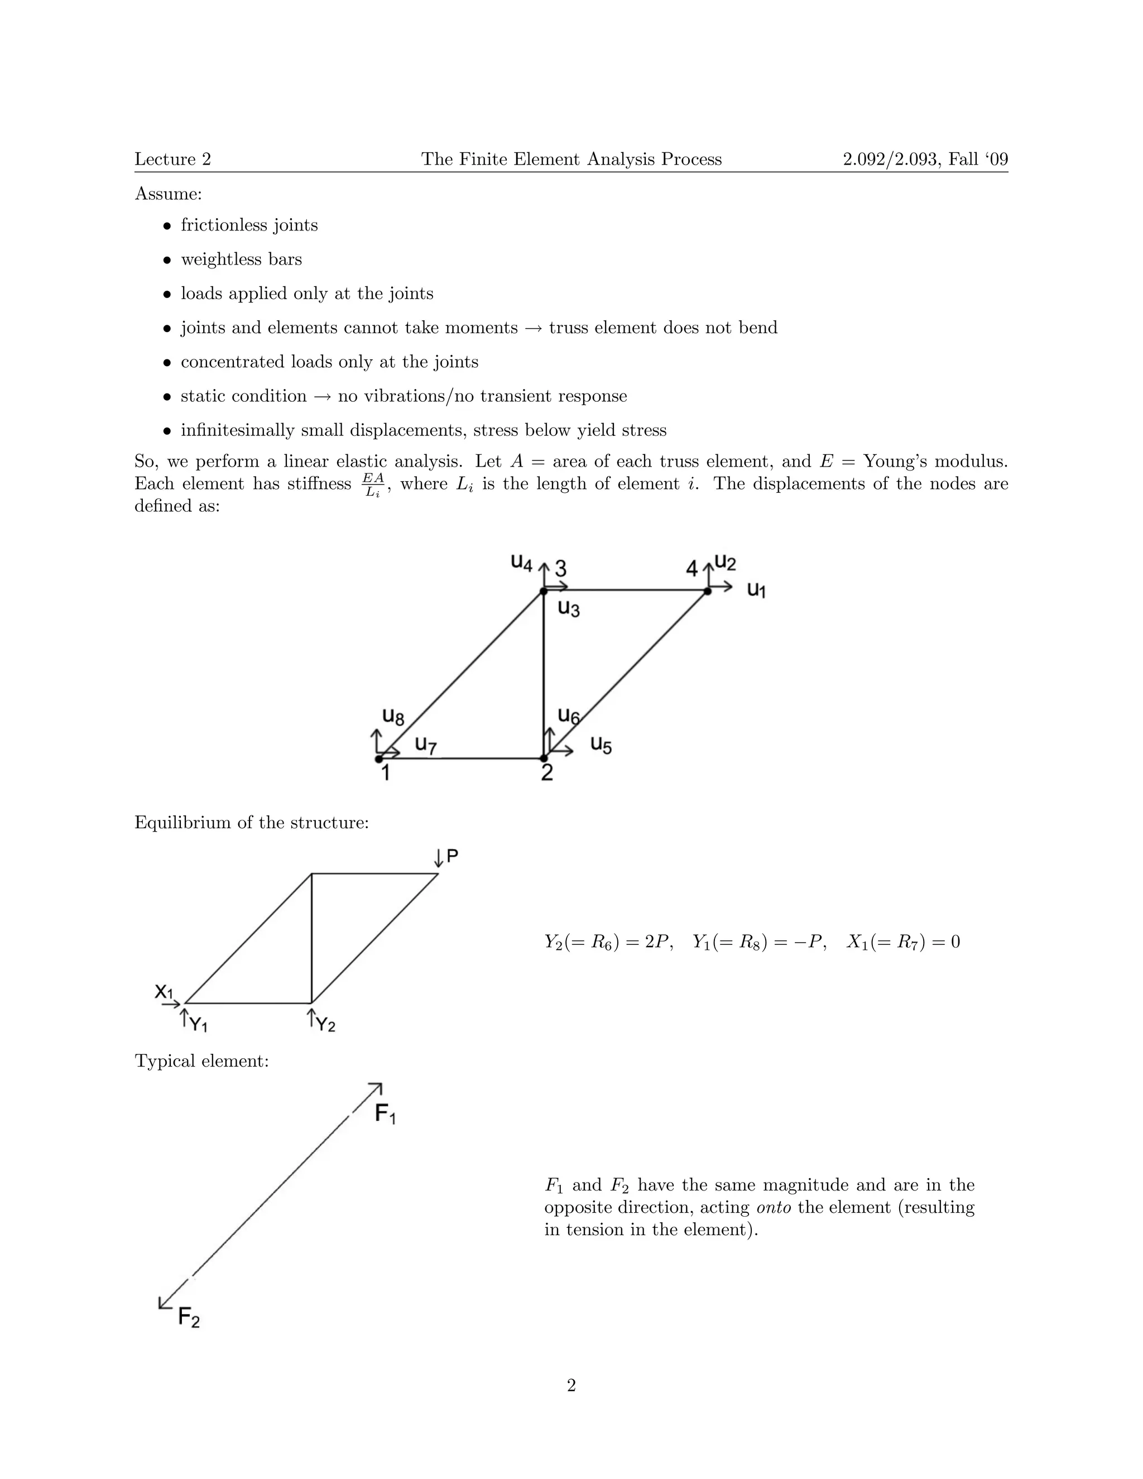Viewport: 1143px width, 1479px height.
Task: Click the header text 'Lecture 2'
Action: [172, 159]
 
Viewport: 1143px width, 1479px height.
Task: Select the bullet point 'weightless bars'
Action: [241, 260]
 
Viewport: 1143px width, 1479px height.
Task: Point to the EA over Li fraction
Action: [373, 485]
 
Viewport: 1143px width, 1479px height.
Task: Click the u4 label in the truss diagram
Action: [521, 561]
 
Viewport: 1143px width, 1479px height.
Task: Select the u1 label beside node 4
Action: [756, 589]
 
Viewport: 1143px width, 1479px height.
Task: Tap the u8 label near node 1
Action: [393, 716]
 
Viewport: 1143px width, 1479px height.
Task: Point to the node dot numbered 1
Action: [378, 758]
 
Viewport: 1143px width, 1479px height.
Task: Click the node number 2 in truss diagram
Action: [547, 772]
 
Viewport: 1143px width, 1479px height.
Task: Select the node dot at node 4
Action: [708, 591]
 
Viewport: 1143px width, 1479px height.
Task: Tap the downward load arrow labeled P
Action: [439, 858]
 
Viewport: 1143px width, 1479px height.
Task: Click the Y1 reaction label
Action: [198, 1025]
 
